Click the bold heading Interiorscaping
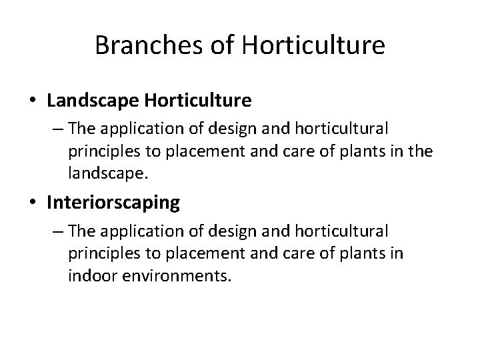[x=113, y=203]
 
